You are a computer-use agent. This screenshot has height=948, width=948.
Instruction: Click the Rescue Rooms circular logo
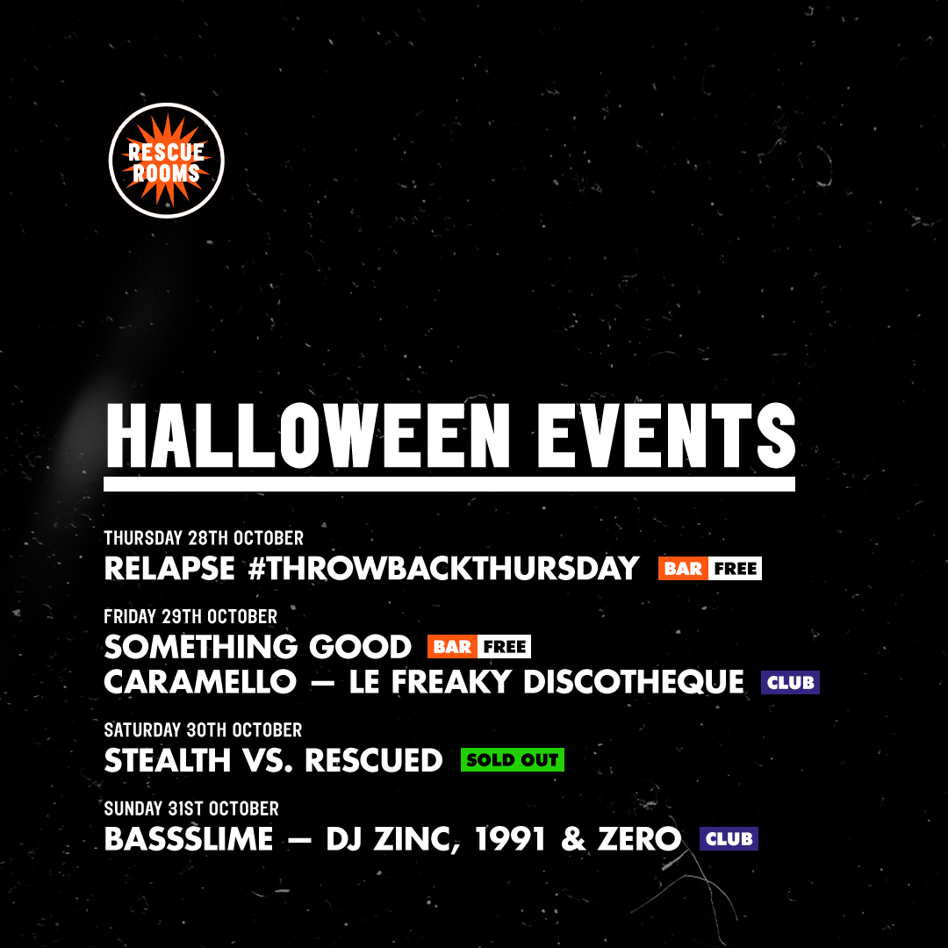166,161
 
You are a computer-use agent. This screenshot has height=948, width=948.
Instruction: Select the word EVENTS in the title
666,436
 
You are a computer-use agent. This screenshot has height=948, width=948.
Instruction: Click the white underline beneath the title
449,484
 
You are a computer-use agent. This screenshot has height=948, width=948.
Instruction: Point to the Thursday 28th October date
204,538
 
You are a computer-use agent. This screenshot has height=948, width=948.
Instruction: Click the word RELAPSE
169,568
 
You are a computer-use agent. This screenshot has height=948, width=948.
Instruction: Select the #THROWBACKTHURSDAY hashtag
443,568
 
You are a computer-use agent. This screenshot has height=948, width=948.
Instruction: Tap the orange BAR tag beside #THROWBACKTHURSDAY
683,568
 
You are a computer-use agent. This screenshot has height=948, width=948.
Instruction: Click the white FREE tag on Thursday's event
736,568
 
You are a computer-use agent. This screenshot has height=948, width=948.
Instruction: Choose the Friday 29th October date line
190,617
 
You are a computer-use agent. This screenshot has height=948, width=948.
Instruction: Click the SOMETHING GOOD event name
257,647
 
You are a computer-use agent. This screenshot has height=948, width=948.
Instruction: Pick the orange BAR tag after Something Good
452,647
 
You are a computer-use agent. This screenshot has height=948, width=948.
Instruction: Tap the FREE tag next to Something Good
504,647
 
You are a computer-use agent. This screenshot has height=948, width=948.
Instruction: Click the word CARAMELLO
200,682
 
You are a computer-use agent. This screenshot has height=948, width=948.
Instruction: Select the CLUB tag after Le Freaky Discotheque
790,683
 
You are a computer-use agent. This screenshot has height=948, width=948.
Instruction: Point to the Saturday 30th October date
203,729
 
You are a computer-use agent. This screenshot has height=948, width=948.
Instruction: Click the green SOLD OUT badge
512,760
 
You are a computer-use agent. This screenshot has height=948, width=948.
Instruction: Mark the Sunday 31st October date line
191,808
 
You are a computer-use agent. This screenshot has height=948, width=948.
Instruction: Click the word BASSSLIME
189,839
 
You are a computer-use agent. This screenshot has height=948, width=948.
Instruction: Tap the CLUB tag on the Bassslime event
729,838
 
